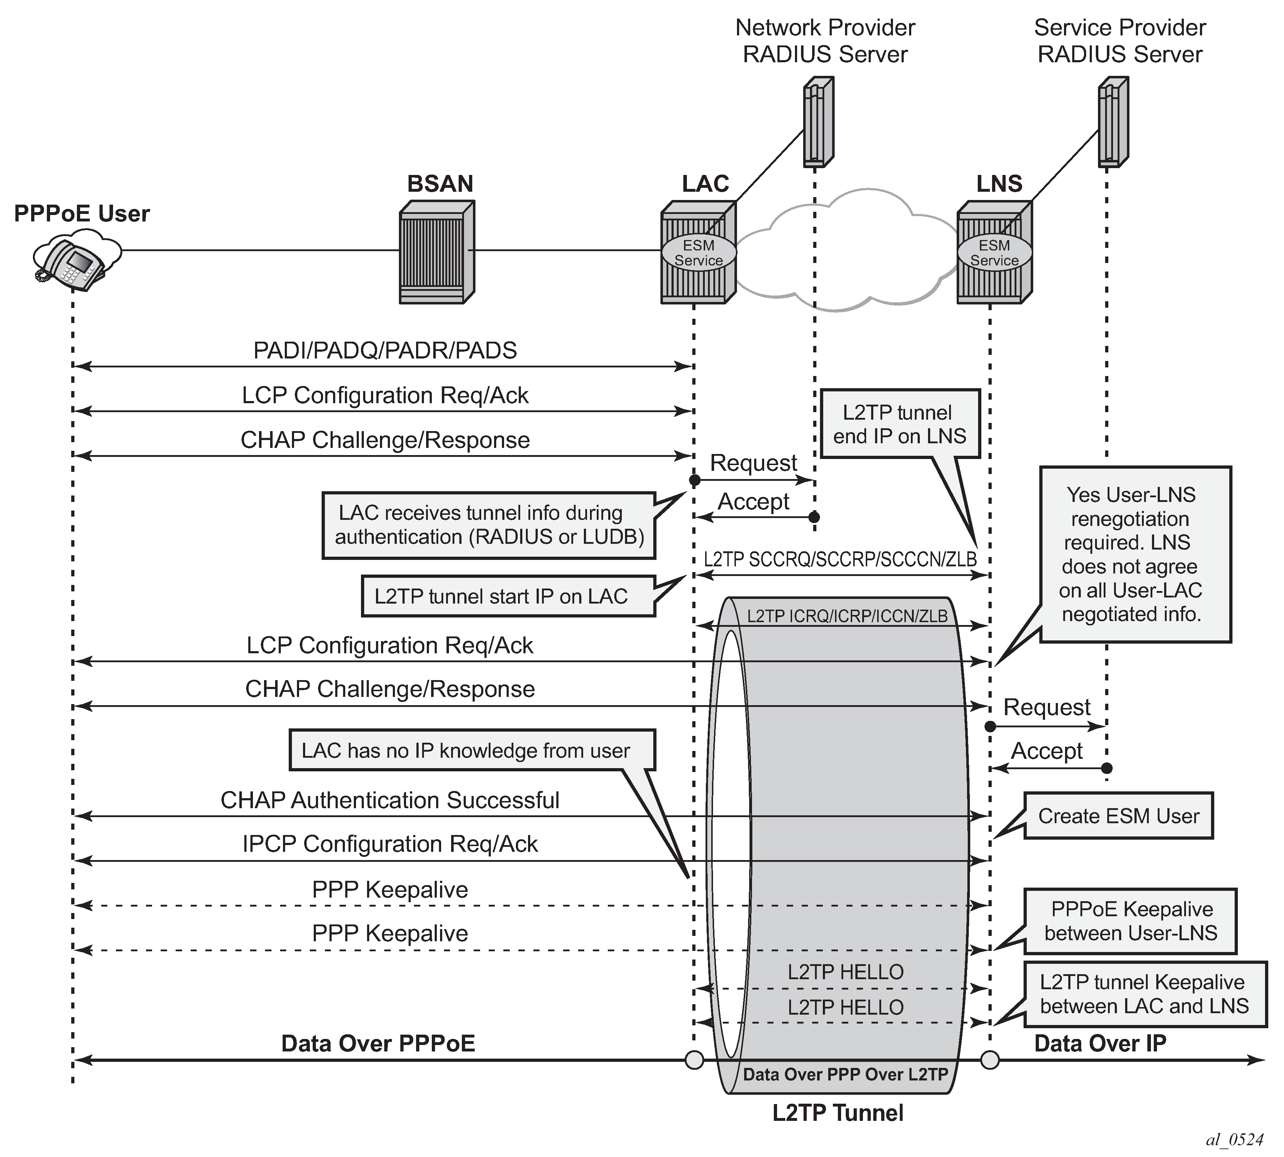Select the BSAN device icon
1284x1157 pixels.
pyautogui.click(x=437, y=252)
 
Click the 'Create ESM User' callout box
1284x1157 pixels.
pyautogui.click(x=1118, y=816)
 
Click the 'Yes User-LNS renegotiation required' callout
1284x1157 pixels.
pyautogui.click(x=1134, y=554)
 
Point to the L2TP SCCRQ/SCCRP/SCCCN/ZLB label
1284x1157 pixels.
pyautogui.click(x=840, y=560)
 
